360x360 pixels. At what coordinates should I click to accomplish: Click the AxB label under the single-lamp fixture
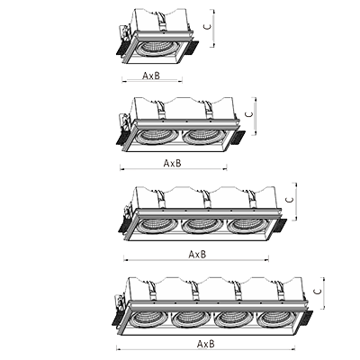pyautogui.click(x=151, y=76)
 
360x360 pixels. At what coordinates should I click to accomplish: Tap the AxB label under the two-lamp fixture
pyautogui.click(x=173, y=163)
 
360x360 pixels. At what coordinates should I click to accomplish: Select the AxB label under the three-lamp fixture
pyautogui.click(x=197, y=255)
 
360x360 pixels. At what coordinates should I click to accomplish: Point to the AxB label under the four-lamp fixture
pyautogui.click(x=206, y=344)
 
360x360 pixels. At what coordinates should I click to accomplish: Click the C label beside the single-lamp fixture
pyautogui.click(x=208, y=26)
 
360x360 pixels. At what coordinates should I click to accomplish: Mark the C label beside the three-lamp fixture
pyautogui.click(x=290, y=200)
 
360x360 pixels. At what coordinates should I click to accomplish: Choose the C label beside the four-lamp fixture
pyautogui.click(x=317, y=292)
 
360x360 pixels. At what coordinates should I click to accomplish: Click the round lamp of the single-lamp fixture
pyautogui.click(x=156, y=49)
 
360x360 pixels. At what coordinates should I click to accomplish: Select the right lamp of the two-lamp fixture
pyautogui.click(x=202, y=137)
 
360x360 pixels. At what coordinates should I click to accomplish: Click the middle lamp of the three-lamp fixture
pyautogui.click(x=202, y=226)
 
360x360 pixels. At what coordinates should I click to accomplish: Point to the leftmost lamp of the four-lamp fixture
pyautogui.click(x=148, y=319)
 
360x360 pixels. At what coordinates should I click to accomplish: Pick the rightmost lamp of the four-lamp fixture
pyautogui.click(x=275, y=319)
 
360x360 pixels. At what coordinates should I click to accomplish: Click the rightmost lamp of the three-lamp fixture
pyautogui.click(x=247, y=226)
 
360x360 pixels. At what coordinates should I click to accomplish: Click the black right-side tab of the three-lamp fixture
pyautogui.click(x=280, y=226)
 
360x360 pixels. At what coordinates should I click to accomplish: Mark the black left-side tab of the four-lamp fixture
pyautogui.click(x=117, y=319)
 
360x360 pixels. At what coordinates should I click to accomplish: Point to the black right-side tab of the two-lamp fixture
pyautogui.click(x=238, y=138)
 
